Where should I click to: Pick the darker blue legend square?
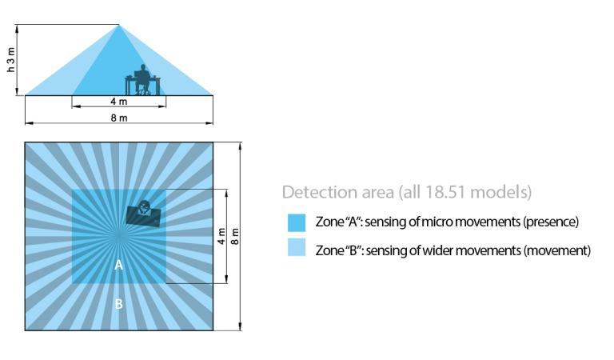[x=297, y=223]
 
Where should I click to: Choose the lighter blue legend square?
[x=297, y=247]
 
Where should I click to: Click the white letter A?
[x=118, y=265]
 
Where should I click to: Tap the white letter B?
[x=118, y=304]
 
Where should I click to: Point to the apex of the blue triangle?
[x=119, y=25]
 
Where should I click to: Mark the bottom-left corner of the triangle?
[x=26, y=94]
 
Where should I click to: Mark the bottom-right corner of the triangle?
[x=213, y=94]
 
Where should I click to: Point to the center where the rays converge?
[x=119, y=236]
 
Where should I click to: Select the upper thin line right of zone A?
[x=189, y=190]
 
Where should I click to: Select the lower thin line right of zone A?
[x=189, y=283]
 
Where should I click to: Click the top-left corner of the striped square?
[x=26, y=144]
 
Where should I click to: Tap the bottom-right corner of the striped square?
[x=212, y=329]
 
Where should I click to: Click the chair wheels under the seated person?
[x=142, y=91]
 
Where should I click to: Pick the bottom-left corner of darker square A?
[x=73, y=283]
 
